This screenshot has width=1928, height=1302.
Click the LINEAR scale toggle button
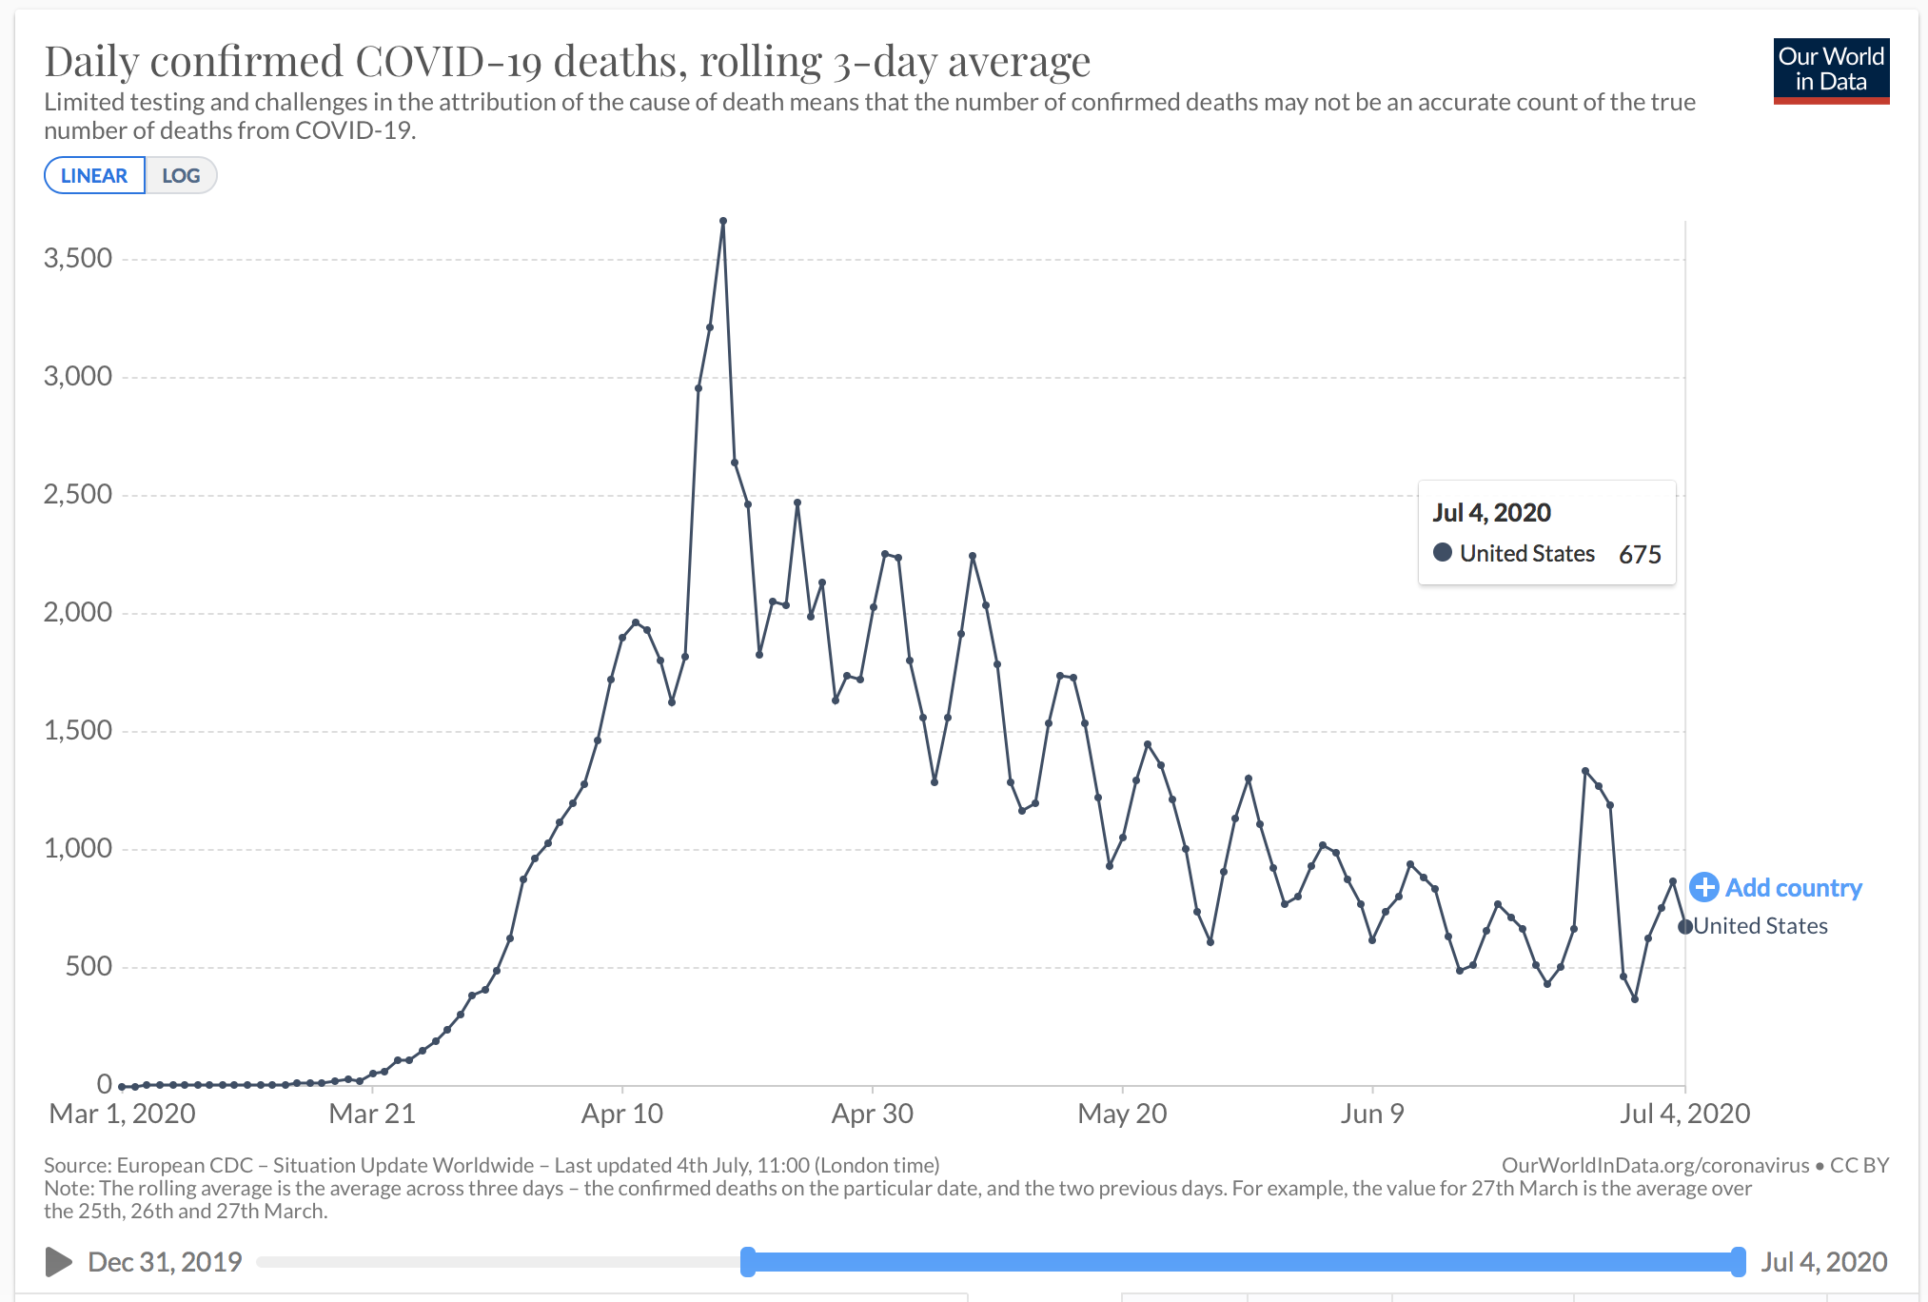pyautogui.click(x=94, y=176)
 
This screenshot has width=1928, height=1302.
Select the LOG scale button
pyautogui.click(x=181, y=176)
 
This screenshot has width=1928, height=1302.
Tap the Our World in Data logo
pyautogui.click(x=1831, y=71)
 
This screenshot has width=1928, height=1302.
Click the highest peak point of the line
pyautogui.click(x=723, y=221)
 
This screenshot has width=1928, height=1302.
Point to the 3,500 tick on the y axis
pyautogui.click(x=78, y=258)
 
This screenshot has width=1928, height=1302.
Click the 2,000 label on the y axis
pyautogui.click(x=78, y=612)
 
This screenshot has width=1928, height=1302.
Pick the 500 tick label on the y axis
pyautogui.click(x=89, y=966)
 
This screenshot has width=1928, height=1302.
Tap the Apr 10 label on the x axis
pyautogui.click(x=622, y=1114)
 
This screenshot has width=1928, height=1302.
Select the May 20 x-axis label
pyautogui.click(x=1122, y=1114)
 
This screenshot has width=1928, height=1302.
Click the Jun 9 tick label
pyautogui.click(x=1372, y=1114)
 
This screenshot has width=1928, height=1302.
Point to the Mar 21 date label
pyautogui.click(x=372, y=1114)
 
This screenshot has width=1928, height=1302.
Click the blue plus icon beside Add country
pyautogui.click(x=1704, y=887)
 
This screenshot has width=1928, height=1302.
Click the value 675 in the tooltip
pyautogui.click(x=1640, y=554)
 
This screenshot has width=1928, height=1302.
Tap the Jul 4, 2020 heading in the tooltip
pyautogui.click(x=1491, y=513)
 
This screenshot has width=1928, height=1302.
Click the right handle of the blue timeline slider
pyautogui.click(x=1739, y=1262)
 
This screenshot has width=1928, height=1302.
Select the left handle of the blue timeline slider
pyautogui.click(x=748, y=1262)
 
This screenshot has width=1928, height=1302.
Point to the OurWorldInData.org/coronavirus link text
pyautogui.click(x=1656, y=1166)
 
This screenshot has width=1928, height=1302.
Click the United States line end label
pyautogui.click(x=1761, y=926)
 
